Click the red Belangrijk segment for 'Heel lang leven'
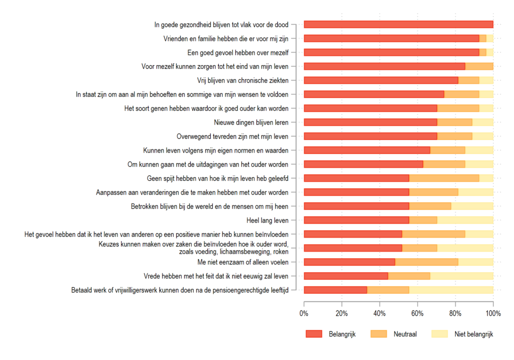(356, 220)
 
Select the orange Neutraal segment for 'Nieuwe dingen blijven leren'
(455, 122)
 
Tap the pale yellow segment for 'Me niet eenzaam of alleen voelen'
(476, 262)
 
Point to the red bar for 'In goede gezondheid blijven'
(399, 25)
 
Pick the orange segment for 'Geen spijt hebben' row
(444, 178)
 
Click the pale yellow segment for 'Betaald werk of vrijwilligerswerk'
(451, 290)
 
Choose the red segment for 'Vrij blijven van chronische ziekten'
(381, 80)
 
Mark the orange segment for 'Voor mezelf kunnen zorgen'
(479, 66)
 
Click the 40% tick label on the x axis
(380, 313)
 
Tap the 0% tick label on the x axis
(304, 313)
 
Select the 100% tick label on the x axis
(493, 313)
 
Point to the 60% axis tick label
(418, 313)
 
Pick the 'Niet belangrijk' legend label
(474, 334)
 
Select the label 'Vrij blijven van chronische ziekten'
(243, 80)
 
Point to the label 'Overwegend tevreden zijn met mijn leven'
(232, 136)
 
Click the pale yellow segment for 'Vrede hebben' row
(462, 276)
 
